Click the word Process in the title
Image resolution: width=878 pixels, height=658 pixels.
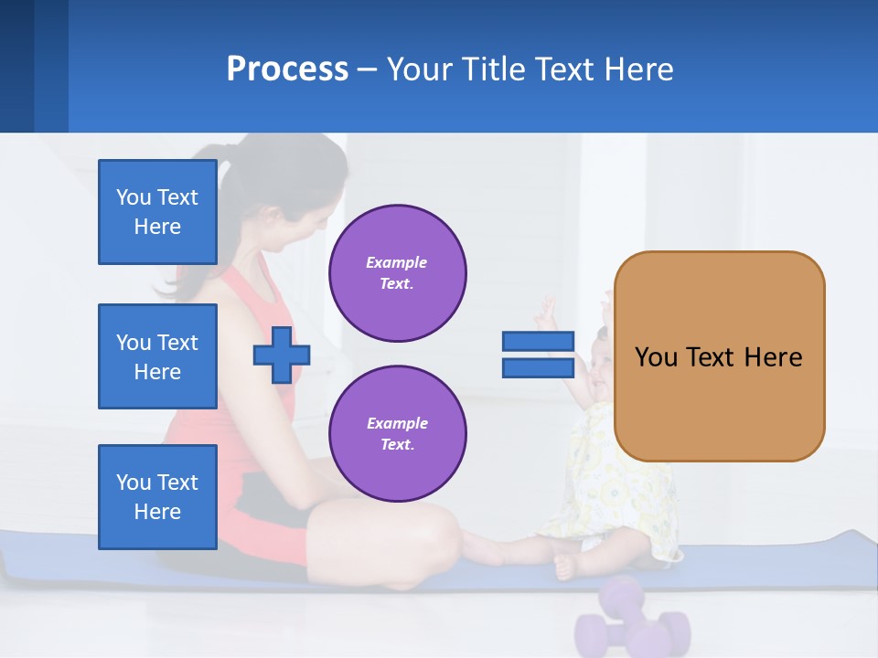tap(287, 69)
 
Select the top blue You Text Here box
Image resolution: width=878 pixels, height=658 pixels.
tap(157, 212)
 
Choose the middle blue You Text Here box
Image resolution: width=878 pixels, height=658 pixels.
tap(157, 356)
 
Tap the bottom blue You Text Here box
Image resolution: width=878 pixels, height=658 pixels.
tap(157, 497)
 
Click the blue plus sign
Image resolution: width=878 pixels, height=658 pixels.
tap(282, 356)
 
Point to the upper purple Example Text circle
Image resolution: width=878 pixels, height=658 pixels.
tap(397, 273)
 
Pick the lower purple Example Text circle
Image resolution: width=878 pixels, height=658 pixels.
tap(397, 434)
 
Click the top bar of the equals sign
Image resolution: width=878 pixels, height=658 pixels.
tap(538, 342)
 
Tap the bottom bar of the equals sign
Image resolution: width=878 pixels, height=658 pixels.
tap(538, 368)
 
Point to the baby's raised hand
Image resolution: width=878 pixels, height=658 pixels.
tap(547, 313)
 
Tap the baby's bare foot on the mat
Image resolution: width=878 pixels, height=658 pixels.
tap(565, 567)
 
